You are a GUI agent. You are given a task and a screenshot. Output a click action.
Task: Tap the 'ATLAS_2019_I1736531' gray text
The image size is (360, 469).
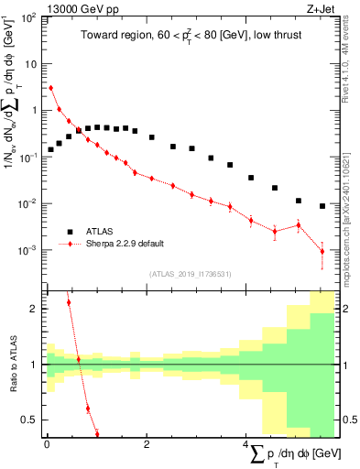191,274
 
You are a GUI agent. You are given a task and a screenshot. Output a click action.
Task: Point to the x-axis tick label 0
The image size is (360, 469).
47,445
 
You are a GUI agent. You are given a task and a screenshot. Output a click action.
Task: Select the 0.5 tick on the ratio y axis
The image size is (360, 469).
32,420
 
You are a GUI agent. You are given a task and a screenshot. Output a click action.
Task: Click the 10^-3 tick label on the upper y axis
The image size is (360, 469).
28,249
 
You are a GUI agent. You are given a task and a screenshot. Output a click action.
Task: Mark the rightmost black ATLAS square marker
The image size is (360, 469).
322,206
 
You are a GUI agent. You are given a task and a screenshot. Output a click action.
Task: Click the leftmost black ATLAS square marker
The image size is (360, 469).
51,148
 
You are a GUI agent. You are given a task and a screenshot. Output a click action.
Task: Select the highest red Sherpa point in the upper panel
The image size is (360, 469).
51,88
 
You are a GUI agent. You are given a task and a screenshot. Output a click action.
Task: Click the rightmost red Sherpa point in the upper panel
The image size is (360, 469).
322,251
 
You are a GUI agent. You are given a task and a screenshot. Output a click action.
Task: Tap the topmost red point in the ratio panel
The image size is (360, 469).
69,302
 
